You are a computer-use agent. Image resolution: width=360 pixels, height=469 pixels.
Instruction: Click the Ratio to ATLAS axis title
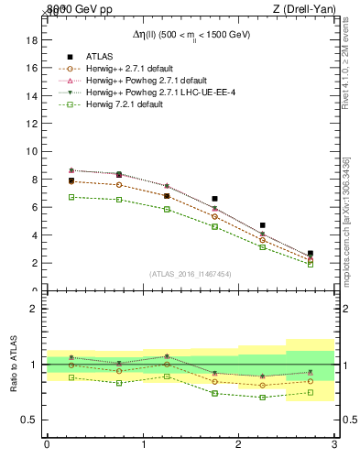16,364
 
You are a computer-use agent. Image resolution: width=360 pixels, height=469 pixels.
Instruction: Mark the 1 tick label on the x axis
143,445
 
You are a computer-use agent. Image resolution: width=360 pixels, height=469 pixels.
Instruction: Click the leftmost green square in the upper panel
71,197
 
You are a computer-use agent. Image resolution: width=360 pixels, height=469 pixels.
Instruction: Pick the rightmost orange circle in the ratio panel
311,381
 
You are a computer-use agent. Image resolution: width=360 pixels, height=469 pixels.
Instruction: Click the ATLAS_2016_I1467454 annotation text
190,274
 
